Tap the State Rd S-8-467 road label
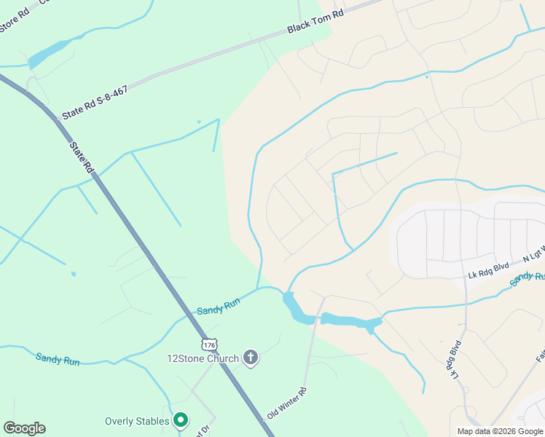coord(95,102)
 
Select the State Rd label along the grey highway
coord(82,157)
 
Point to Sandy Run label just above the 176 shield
coord(218,307)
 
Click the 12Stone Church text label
coord(203,358)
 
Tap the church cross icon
coord(250,358)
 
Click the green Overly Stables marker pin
coord(181,420)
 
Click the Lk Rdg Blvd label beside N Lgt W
coord(487,270)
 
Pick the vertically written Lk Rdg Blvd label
coord(455,359)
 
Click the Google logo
coord(24,428)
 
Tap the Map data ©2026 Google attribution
coord(500,431)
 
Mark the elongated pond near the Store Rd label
coord(49,52)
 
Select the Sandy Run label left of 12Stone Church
coord(58,358)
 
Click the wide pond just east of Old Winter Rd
coord(350,320)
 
